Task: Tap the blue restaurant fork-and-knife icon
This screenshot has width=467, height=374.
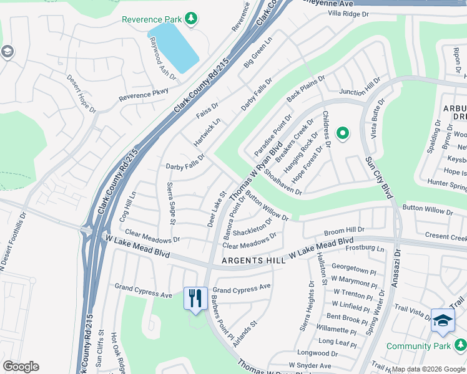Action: (195, 297)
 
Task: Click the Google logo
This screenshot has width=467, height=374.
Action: (21, 367)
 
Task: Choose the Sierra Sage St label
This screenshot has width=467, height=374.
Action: (171, 203)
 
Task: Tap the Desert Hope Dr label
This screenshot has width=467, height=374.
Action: (82, 94)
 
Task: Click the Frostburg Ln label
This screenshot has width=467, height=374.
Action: (363, 248)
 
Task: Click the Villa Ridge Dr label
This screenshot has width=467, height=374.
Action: (353, 13)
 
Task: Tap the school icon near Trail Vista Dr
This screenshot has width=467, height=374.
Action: (443, 320)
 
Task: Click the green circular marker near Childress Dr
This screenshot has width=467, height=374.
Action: (342, 133)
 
